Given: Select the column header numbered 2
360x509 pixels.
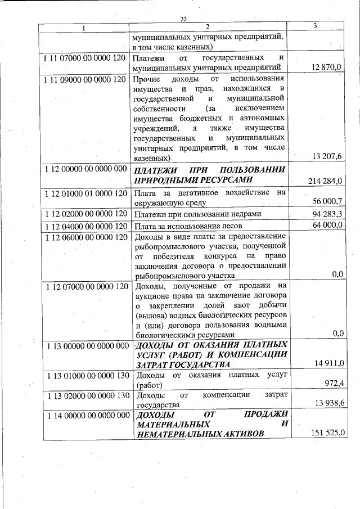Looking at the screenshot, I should tap(207, 27).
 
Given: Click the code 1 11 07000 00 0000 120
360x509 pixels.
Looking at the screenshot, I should tap(84, 58).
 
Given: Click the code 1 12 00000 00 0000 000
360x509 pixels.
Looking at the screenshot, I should tap(84, 169).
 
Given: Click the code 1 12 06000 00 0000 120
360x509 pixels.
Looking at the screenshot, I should tap(84, 237).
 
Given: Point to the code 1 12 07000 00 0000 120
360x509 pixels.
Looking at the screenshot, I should tap(84, 287).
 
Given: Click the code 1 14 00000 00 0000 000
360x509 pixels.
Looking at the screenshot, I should tap(84, 416).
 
